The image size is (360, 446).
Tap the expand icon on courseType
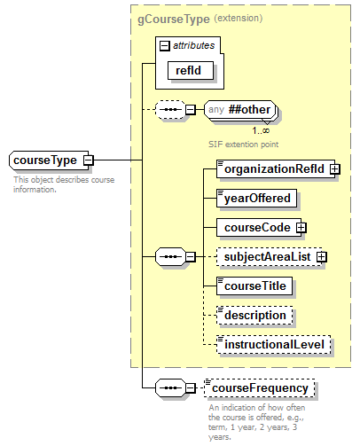point(88,160)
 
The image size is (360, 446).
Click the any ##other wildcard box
point(240,110)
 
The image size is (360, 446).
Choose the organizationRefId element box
point(275,168)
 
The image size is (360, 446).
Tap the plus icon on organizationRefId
point(335,168)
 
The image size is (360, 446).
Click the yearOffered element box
point(256,198)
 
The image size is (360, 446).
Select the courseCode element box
point(256,227)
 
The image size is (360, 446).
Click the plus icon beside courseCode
point(301,227)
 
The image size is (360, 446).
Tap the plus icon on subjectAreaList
point(321,256)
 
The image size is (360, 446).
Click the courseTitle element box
point(254,286)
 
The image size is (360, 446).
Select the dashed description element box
point(254,315)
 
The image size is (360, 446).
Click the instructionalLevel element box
point(276,344)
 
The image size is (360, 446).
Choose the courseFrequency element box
point(259,388)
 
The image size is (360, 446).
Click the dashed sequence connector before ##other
point(168,110)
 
